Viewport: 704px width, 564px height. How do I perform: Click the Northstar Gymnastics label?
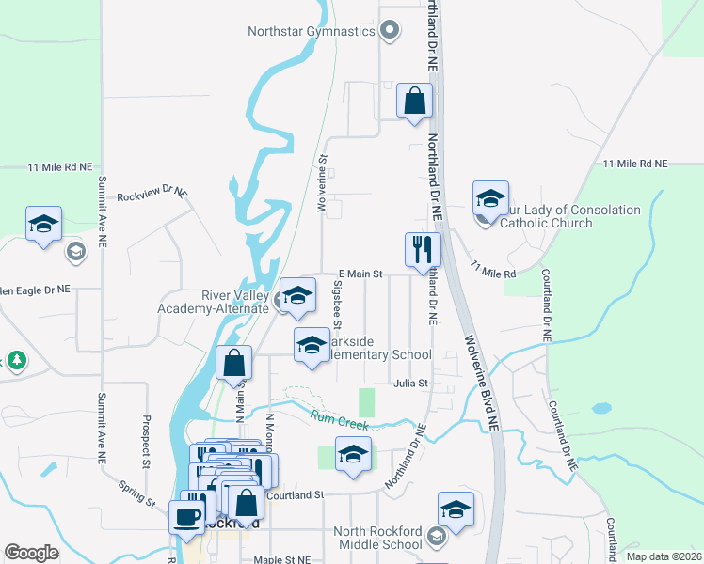click(x=312, y=31)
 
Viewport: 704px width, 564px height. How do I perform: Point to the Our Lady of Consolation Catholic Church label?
click(x=546, y=216)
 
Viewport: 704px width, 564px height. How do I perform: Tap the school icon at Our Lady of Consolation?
click(x=490, y=199)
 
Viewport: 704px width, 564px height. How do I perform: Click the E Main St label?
click(x=358, y=274)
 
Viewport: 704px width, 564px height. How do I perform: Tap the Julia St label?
click(x=411, y=384)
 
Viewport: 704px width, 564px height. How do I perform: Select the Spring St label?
click(x=137, y=493)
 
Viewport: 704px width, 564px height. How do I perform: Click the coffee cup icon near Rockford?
click(x=184, y=516)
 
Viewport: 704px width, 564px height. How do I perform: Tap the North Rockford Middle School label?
click(x=378, y=538)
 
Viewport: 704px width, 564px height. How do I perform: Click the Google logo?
click(x=31, y=553)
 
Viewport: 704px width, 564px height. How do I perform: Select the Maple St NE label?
click(x=282, y=559)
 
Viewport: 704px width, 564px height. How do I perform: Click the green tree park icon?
click(x=16, y=360)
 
